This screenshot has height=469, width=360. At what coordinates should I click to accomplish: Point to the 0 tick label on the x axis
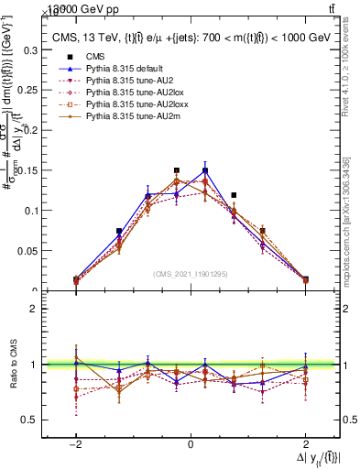191,443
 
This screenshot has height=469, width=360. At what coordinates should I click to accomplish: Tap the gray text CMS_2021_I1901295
191,274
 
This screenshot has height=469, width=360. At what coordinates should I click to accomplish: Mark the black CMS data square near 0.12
235,195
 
